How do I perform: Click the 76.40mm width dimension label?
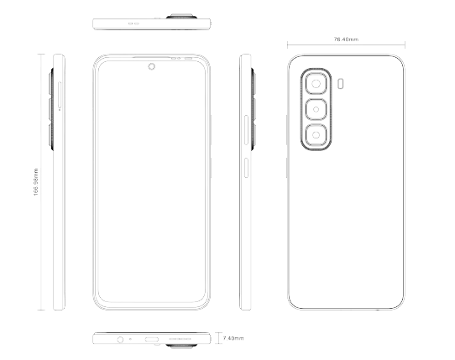346,39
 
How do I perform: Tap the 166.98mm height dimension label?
36,182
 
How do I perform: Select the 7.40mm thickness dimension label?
233,338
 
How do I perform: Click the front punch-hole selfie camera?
151,66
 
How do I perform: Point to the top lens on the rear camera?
316,84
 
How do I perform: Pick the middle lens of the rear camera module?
316,109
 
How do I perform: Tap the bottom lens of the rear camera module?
316,135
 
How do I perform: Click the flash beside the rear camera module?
341,84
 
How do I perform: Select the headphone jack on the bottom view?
120,339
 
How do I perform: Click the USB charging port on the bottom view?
152,339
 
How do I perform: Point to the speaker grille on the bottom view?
180,339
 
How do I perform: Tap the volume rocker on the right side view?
246,130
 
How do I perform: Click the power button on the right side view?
246,168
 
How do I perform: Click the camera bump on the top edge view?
181,16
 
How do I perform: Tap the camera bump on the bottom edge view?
181,346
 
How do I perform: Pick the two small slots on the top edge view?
133,23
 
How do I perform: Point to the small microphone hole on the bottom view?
130,339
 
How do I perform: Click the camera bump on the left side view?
51,109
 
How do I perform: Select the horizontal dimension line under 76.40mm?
346,45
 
